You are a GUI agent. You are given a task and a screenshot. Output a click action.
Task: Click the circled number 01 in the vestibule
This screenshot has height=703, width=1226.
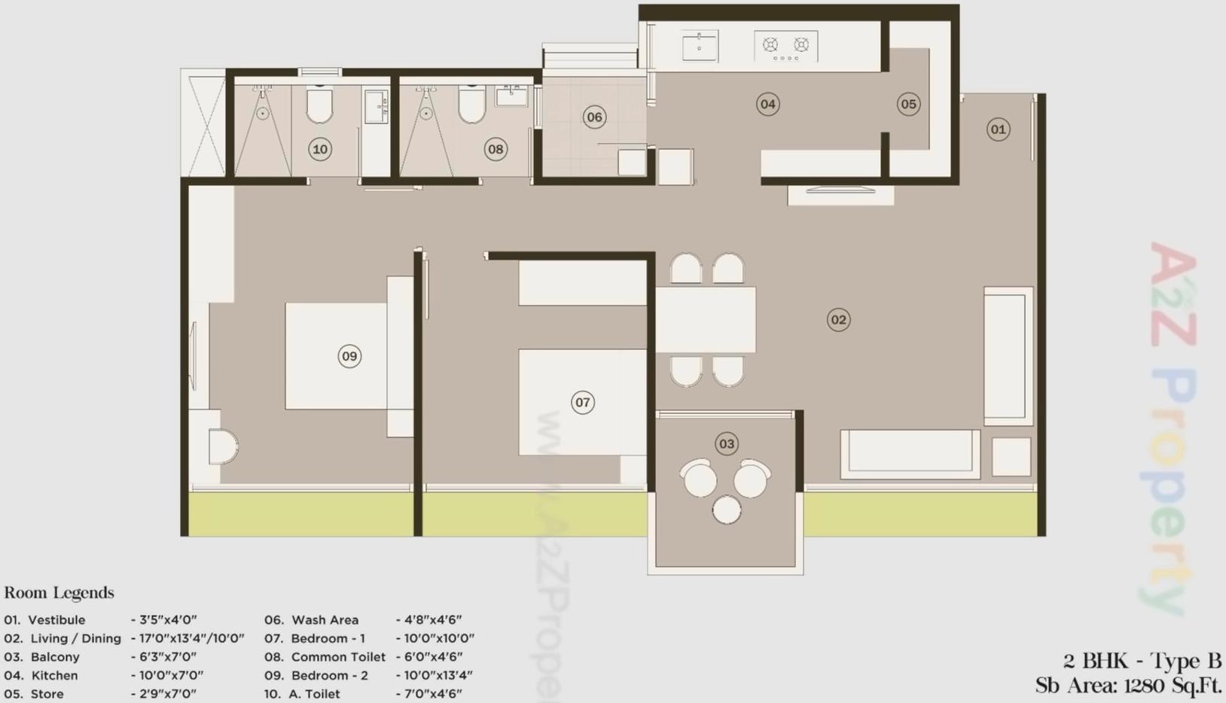tap(998, 129)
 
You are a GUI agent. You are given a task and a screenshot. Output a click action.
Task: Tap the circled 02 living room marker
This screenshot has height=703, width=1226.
tap(838, 320)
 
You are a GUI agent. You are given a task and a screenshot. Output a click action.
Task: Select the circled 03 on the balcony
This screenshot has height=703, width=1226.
tap(727, 444)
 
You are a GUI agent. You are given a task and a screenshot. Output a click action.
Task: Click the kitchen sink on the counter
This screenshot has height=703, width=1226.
tap(700, 46)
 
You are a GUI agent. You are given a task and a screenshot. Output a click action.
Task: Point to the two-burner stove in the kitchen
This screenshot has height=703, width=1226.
tap(785, 46)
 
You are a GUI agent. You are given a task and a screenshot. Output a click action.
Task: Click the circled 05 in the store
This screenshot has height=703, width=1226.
tap(908, 105)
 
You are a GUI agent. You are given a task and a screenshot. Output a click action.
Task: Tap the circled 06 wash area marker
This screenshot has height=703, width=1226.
tap(594, 117)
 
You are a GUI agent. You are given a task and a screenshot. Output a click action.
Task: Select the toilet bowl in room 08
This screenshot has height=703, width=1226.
tap(472, 106)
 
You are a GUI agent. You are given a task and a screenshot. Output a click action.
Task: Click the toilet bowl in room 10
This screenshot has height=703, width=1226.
tap(320, 106)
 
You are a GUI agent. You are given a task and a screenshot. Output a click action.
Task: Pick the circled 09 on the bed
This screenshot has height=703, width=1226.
tap(349, 356)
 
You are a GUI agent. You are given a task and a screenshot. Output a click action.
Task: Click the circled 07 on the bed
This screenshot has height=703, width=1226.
tap(583, 403)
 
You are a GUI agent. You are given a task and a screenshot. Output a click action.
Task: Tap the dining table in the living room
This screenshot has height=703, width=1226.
tap(706, 319)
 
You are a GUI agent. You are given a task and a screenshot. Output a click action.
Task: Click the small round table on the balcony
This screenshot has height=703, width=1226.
tap(727, 510)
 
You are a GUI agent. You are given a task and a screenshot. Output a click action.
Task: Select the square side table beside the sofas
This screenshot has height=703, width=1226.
tap(1011, 456)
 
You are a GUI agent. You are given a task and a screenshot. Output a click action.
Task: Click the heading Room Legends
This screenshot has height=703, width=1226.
tap(59, 593)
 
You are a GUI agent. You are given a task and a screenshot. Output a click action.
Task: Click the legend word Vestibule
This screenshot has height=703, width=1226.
tap(56, 620)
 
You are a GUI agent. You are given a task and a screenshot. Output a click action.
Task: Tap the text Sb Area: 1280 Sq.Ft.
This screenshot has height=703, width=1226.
tap(1128, 686)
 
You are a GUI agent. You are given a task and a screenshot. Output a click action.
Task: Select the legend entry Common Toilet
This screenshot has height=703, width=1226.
tap(338, 657)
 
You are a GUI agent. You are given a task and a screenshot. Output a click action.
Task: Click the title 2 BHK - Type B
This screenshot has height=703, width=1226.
tap(1142, 662)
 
